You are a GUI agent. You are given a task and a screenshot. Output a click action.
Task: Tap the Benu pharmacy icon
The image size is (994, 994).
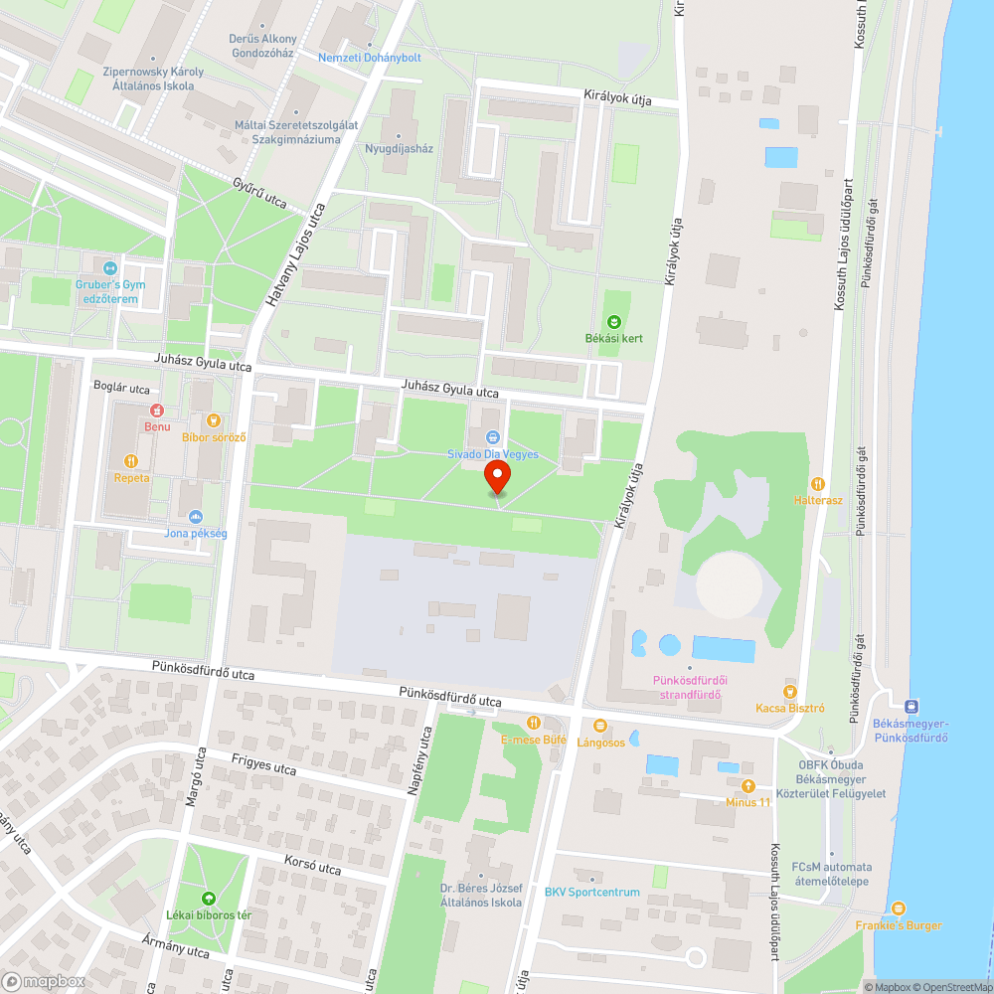pos(156,410)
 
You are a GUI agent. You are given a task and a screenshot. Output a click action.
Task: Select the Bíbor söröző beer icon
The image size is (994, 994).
pos(212,419)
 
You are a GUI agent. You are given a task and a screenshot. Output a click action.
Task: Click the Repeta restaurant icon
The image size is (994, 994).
pos(130,460)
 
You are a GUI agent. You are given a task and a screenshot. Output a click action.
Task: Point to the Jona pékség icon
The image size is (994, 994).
pos(196,516)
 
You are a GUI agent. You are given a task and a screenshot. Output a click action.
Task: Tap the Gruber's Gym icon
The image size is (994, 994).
pos(109,267)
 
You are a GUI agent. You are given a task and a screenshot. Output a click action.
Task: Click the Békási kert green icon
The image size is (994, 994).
pos(613,321)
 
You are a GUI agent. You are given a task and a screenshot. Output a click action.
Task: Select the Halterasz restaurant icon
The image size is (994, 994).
pos(818,483)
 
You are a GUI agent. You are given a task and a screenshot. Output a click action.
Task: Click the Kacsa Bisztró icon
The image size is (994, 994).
pos(790,691)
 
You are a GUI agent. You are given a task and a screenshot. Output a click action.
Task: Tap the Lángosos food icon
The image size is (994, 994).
pos(599,725)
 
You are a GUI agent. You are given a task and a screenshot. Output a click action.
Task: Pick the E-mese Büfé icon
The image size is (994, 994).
pos(533,723)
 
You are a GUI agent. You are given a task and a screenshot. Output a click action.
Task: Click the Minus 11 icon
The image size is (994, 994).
pos(748,785)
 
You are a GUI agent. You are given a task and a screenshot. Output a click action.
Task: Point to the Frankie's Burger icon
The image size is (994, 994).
pos(899,909)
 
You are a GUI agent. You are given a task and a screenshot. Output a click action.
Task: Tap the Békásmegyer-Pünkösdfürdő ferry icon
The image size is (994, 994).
pos(911,705)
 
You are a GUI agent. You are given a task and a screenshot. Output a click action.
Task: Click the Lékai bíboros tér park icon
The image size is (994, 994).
pos(208,898)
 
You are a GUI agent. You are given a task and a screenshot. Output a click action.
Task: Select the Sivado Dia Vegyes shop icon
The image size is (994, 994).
pos(492,436)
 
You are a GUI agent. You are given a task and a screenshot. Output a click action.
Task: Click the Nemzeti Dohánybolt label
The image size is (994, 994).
pos(369,58)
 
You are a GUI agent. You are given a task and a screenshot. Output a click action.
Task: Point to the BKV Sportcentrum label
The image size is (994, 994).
pos(591,892)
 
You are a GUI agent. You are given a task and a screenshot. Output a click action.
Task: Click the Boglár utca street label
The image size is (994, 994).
pos(121,388)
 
